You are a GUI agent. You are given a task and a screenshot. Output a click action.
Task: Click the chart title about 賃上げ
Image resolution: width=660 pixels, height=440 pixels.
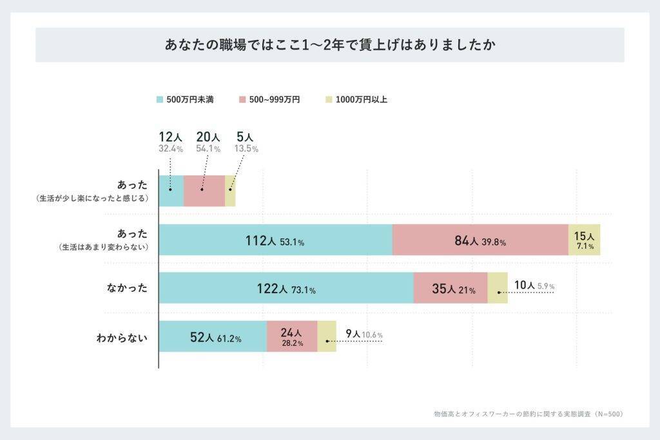[329, 46]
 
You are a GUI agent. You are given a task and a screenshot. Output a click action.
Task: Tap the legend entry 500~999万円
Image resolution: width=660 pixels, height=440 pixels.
[269, 100]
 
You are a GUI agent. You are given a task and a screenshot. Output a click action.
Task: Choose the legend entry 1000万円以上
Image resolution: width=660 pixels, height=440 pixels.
[356, 100]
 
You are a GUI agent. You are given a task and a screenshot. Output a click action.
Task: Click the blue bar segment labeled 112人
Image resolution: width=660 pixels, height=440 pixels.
[275, 240]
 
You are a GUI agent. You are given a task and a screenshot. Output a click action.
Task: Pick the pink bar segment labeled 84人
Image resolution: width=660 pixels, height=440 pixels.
[480, 240]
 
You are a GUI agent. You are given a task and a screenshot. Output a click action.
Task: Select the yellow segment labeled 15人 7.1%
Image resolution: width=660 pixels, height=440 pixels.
[585, 240]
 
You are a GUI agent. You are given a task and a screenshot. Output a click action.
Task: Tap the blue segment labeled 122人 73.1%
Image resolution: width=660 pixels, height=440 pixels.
[286, 288]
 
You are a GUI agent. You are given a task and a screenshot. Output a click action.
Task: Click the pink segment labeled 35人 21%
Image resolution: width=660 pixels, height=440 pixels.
[450, 288]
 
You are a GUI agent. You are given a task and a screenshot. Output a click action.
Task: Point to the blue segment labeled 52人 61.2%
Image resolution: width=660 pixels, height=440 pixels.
[213, 336]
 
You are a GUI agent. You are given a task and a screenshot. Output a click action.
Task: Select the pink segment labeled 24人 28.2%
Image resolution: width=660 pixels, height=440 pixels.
[292, 336]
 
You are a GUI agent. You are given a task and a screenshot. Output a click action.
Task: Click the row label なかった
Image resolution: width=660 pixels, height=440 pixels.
[127, 288]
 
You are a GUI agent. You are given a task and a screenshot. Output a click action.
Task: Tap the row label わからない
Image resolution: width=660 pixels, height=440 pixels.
[122, 336]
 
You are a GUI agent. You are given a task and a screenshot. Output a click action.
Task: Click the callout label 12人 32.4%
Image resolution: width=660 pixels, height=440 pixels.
[171, 142]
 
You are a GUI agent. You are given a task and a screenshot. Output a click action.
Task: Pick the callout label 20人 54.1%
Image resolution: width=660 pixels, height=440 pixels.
[208, 142]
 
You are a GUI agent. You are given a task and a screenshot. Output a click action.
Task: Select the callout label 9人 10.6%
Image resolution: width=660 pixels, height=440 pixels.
[364, 334]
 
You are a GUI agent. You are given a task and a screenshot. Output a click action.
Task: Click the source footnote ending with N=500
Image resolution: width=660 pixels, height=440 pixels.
[529, 414]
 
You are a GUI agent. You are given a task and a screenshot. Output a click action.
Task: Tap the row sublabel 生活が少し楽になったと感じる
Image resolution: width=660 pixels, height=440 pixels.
[93, 198]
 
